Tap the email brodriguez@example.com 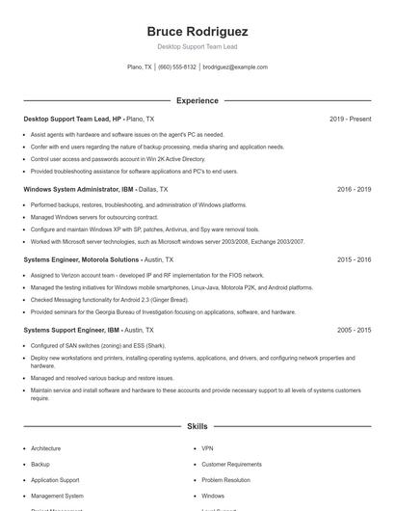[x=236, y=67]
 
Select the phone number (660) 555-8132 [x=177, y=67]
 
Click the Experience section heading [x=197, y=100]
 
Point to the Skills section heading [x=197, y=425]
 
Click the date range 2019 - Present [x=350, y=119]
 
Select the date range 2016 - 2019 [x=354, y=190]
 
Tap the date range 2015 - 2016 [x=354, y=259]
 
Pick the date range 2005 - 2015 [x=354, y=330]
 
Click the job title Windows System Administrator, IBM [x=79, y=190]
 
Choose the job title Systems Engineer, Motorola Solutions [x=82, y=259]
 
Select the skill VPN [x=207, y=448]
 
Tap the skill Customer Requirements [x=231, y=464]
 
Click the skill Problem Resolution [x=225, y=479]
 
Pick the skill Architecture [x=45, y=448]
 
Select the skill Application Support [x=55, y=479]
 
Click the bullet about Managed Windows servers [x=86, y=217]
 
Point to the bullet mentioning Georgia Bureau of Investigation [x=163, y=312]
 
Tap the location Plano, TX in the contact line [x=140, y=67]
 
